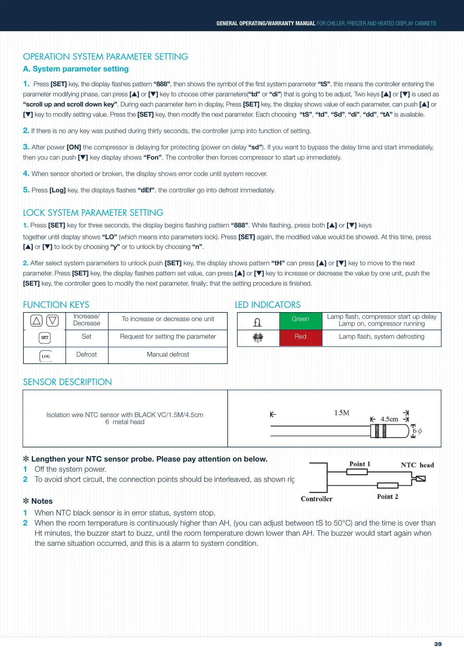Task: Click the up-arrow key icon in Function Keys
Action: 36,321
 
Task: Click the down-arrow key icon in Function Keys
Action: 52,321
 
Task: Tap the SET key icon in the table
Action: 45,338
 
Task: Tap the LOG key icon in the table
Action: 46,356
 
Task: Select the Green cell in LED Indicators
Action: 300,319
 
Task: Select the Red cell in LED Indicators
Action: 300,337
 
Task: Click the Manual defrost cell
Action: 168,355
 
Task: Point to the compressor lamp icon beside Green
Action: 257,322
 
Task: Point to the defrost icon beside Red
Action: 258,338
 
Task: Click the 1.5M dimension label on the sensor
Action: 342,413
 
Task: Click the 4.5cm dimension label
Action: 389,419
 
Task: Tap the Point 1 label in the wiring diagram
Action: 360,464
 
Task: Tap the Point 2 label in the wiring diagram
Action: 387,497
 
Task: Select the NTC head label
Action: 417,465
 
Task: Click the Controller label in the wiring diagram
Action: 317,499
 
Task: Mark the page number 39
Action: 438,644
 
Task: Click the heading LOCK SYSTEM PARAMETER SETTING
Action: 93,213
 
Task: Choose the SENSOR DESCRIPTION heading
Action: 67,382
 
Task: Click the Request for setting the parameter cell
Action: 168,337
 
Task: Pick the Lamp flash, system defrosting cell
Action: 381,337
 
